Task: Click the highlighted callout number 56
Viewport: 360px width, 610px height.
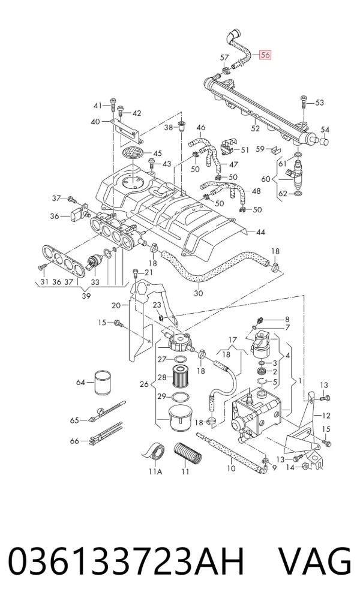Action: tap(265, 55)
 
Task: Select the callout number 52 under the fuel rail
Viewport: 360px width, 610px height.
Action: tap(256, 128)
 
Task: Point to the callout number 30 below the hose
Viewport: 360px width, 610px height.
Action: tap(199, 293)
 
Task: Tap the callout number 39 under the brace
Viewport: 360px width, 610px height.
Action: tap(86, 296)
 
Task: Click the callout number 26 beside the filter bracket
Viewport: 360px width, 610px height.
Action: tap(145, 384)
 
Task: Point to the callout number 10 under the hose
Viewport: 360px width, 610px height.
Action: tap(231, 468)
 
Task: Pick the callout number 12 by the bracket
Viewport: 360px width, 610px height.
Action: tap(326, 416)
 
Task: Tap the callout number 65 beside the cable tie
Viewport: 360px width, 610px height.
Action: tap(74, 420)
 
